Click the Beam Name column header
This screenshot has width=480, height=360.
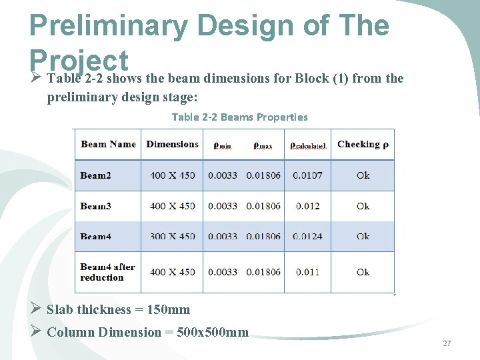pyautogui.click(x=108, y=144)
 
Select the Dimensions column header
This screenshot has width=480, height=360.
pyautogui.click(x=172, y=144)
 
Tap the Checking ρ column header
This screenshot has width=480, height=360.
pyautogui.click(x=363, y=144)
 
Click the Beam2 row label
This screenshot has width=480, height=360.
pyautogui.click(x=95, y=175)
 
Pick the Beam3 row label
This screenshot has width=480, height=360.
pyautogui.click(x=95, y=206)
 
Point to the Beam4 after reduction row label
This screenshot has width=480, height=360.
pyautogui.click(x=107, y=272)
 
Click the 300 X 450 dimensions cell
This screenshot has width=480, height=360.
pyautogui.click(x=173, y=237)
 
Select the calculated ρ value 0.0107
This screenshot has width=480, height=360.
pyautogui.click(x=307, y=175)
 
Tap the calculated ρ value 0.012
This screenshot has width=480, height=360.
pyautogui.click(x=307, y=206)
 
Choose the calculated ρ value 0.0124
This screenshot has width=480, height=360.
pyautogui.click(x=307, y=237)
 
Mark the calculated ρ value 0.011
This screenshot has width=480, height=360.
pyautogui.click(x=307, y=272)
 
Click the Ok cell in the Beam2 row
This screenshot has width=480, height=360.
pyautogui.click(x=363, y=175)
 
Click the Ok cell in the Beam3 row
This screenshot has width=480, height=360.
pyautogui.click(x=363, y=206)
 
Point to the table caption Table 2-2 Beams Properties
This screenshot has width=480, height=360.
pyautogui.click(x=240, y=117)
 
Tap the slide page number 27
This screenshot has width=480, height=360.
pyautogui.click(x=447, y=343)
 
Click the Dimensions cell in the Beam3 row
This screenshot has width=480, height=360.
pyautogui.click(x=173, y=206)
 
